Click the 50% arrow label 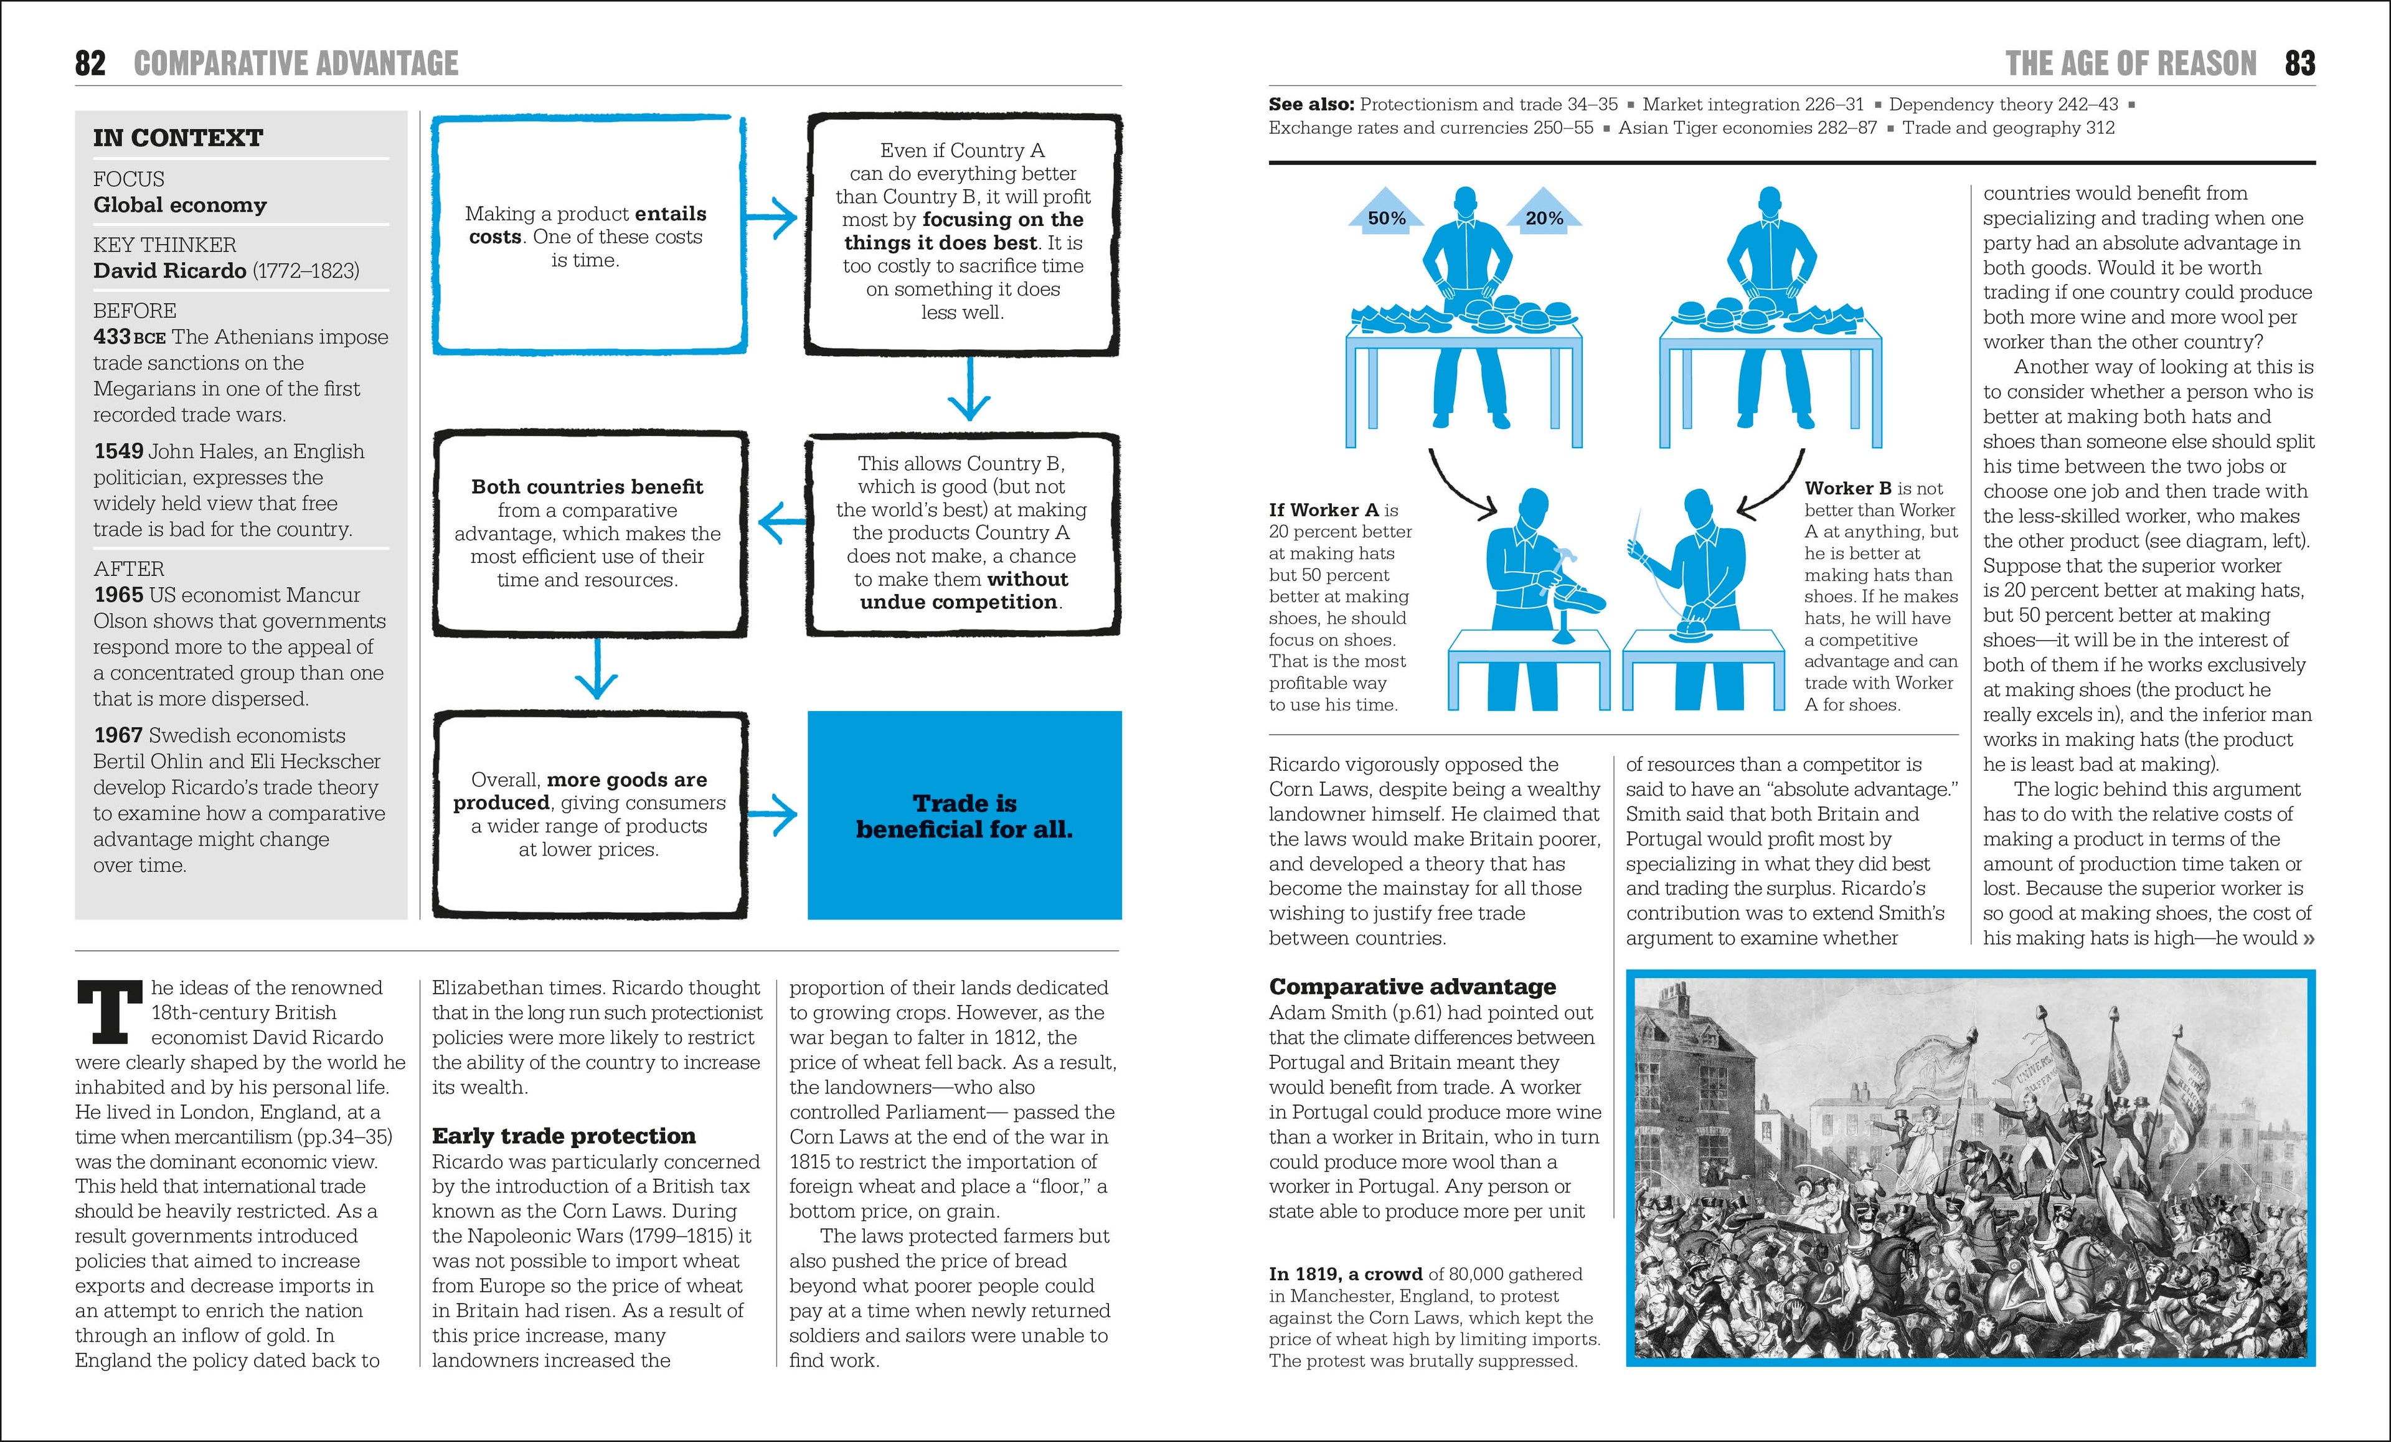click(x=1385, y=219)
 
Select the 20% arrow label click(x=1544, y=219)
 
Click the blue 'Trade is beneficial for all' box click(x=964, y=815)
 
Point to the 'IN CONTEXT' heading click(x=177, y=138)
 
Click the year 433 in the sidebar click(x=111, y=337)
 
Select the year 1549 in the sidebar click(x=118, y=451)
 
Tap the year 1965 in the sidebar click(x=118, y=595)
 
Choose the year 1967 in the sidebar click(x=118, y=735)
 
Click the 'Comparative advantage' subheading click(x=1412, y=987)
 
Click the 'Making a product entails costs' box click(x=587, y=235)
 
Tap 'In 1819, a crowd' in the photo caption click(x=1345, y=1274)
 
